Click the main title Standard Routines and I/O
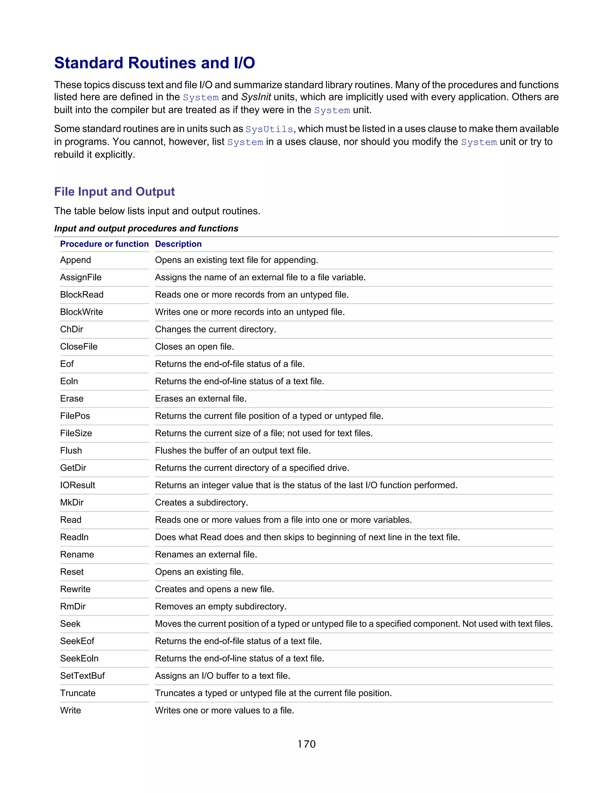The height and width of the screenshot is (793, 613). (154, 63)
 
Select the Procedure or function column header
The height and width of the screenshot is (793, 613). (104, 244)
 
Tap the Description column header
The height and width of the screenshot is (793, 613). (178, 244)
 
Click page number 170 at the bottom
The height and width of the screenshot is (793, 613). (306, 744)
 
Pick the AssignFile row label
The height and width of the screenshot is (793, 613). (81, 277)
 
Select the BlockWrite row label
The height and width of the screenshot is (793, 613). (81, 312)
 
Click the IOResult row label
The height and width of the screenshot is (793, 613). (77, 485)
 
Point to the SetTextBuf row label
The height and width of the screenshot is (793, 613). (82, 676)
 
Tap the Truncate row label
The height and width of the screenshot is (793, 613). (78, 693)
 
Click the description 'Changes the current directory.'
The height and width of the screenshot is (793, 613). (215, 329)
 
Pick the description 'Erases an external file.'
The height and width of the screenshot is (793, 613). (201, 399)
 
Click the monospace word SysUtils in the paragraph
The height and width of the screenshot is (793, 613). (269, 130)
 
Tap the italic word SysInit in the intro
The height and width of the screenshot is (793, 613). (256, 97)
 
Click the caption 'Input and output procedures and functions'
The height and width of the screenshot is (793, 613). (146, 228)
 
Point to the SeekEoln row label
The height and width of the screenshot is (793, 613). (79, 658)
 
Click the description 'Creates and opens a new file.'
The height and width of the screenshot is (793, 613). (214, 589)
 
